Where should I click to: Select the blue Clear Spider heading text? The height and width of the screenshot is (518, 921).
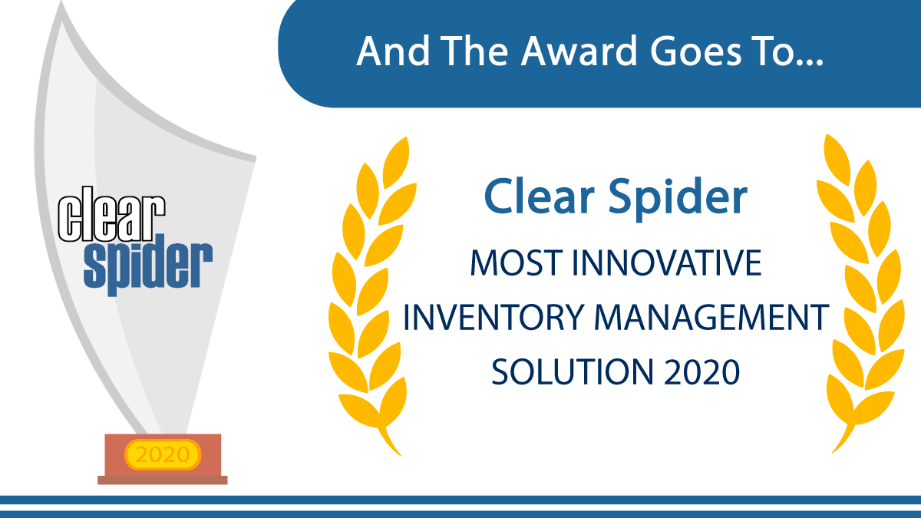(615, 197)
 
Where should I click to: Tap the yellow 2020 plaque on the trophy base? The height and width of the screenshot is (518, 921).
(162, 454)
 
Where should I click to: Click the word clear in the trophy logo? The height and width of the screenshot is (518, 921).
(112, 220)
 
